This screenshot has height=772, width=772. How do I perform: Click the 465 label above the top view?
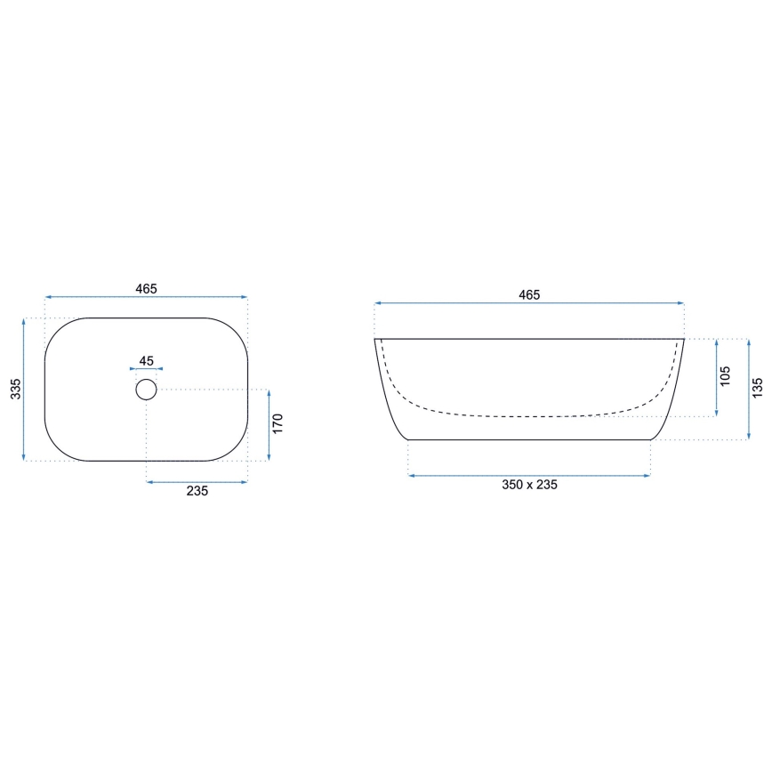point(146,288)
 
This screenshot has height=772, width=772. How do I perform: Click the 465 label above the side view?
point(529,294)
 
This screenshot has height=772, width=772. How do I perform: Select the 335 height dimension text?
point(16,389)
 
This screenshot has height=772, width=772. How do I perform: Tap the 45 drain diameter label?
point(147,361)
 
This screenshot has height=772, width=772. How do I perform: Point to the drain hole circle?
point(146,389)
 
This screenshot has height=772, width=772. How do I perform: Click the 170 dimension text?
point(277,424)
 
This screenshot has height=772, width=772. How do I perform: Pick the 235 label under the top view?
point(197,491)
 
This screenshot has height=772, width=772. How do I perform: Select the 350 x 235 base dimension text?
point(529,485)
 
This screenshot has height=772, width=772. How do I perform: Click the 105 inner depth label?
point(725,376)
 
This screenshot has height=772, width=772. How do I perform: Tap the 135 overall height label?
point(757,389)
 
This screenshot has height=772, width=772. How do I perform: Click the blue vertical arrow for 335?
point(25,389)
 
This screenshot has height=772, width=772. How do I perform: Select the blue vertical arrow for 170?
point(269,425)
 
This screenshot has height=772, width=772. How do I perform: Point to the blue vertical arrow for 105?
point(716,377)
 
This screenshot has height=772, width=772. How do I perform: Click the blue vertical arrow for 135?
point(748,390)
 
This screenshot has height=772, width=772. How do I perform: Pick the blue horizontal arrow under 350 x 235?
point(529,476)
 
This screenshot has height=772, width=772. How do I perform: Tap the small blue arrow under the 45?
point(147,369)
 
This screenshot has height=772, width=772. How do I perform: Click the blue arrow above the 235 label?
point(197,482)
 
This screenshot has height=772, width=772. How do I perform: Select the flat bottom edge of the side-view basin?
point(529,439)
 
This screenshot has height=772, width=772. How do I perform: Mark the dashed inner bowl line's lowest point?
point(529,416)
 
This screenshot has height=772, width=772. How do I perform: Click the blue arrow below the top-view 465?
point(146,297)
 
